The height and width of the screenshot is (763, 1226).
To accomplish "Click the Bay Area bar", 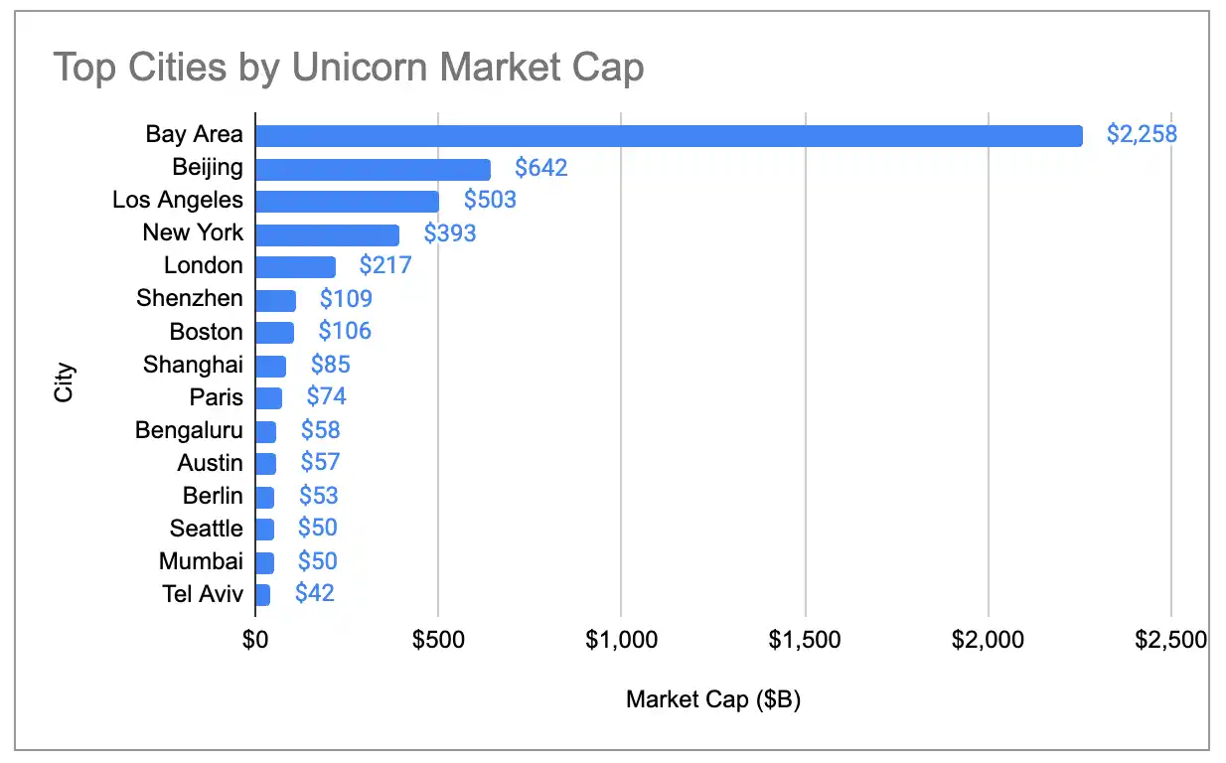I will (669, 135).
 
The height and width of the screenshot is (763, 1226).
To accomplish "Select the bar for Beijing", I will (373, 169).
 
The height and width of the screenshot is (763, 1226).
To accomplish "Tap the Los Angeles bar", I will (347, 201).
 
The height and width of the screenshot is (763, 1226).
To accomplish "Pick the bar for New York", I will (327, 234).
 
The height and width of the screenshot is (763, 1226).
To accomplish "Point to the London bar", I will (295, 266).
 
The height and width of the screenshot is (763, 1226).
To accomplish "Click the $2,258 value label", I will (1142, 134).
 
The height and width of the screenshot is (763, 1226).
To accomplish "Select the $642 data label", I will (540, 168).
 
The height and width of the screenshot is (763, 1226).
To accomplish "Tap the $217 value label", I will (384, 266).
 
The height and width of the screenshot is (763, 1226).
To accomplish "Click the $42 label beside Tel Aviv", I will (315, 594).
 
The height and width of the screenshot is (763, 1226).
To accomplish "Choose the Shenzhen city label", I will (189, 298).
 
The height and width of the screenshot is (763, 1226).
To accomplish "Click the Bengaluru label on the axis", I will (189, 430).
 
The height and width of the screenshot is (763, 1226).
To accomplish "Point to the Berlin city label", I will (213, 496).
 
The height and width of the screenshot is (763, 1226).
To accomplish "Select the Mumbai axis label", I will (201, 561).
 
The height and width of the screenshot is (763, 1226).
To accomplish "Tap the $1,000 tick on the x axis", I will (621, 640).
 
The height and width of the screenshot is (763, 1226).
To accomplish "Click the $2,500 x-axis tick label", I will (1171, 640).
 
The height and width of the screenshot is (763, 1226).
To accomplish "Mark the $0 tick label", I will (255, 640).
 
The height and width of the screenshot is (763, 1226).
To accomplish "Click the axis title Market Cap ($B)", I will (712, 699).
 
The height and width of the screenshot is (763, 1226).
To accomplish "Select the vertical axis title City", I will (65, 381).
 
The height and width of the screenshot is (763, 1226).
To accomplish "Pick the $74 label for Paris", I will (326, 396).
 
